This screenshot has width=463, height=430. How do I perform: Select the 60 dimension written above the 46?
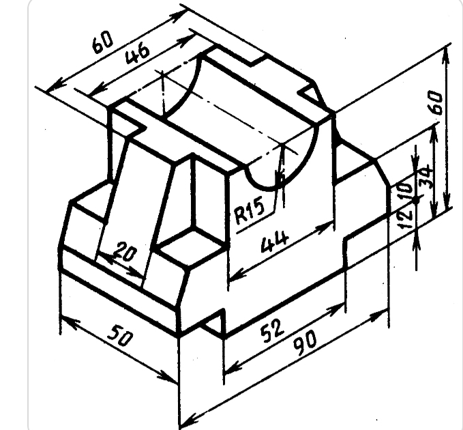coord(103,42)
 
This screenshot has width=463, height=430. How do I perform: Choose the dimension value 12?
coord(405,218)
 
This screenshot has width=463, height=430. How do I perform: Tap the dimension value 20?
coord(125,251)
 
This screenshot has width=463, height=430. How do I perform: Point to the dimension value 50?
coord(120,335)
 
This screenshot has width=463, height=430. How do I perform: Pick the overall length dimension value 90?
coord(305,343)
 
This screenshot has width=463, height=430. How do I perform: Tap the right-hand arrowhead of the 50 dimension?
coord(169,379)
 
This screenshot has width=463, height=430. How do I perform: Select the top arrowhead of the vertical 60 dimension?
coord(447,56)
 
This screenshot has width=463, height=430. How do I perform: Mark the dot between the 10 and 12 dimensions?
coord(417,200)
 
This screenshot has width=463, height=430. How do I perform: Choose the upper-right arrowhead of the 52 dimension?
coord(337,308)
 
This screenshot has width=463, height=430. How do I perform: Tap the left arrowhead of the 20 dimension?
coord(106,258)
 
